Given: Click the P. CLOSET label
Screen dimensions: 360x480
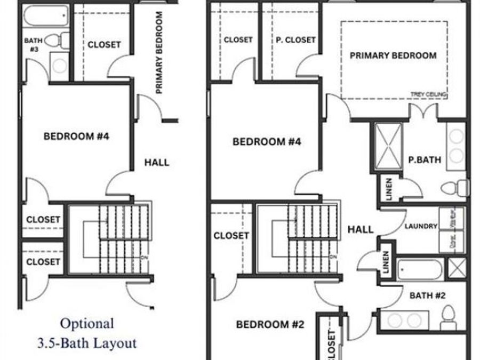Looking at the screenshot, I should pos(295,40).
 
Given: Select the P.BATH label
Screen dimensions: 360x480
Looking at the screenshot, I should pos(425,159).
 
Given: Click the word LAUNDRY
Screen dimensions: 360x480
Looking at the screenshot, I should pos(421,226).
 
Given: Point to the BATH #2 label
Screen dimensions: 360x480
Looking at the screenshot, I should pos(427,295).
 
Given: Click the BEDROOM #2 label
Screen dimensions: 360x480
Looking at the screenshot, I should pos(270,324).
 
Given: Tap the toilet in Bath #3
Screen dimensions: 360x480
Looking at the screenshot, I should pos(58,40).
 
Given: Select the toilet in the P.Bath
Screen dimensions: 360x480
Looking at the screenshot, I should pos(455,187).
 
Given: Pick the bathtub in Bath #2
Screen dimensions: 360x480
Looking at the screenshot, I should pos(419,269).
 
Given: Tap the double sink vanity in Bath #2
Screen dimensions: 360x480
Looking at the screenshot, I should pos(404,321).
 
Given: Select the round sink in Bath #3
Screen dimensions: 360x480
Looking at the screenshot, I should pos(59,66).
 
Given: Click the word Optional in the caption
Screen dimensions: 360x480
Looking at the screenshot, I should pos(86,323).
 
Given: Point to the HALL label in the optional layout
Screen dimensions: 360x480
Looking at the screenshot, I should pos(156,162).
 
